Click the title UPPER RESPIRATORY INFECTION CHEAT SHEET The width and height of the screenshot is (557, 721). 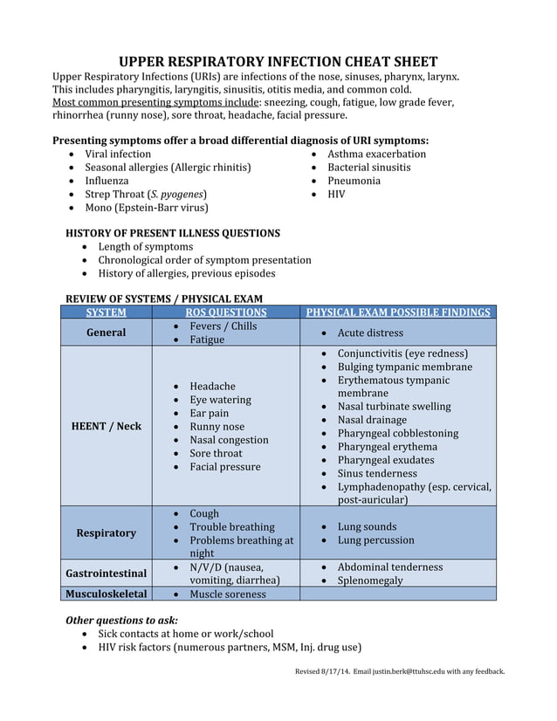[278, 62]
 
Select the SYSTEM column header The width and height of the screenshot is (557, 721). [106, 312]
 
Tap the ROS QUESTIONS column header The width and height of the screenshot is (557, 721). [226, 312]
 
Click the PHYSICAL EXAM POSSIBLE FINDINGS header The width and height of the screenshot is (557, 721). [397, 312]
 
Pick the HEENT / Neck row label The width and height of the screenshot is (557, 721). [106, 426]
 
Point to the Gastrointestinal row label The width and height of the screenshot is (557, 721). [106, 573]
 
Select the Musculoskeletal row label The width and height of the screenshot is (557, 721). [106, 594]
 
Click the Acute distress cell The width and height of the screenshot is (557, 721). [370, 333]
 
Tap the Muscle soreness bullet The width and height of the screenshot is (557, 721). [228, 594]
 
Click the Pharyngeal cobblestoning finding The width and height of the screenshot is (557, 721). [397, 433]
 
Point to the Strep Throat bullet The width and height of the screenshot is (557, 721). [146, 194]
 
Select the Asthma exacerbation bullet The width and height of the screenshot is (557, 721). [376, 154]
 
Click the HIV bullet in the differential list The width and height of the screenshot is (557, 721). [336, 194]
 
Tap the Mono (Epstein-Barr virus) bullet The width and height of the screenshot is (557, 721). [146, 208]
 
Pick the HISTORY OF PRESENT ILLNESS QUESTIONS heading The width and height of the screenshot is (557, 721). [173, 233]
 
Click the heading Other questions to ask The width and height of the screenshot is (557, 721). [122, 620]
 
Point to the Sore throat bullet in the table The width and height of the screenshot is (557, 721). [216, 453]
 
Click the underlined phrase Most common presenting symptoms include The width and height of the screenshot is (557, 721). [150, 101]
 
